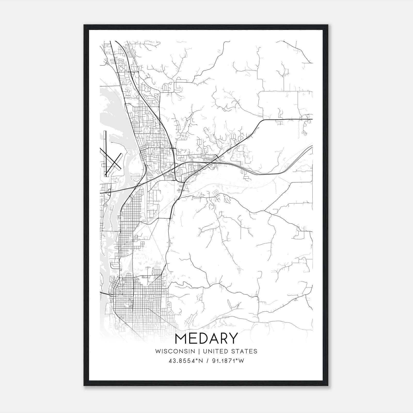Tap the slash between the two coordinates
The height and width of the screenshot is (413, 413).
pyautogui.click(x=206, y=361)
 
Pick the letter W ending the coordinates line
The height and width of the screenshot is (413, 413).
pyautogui.click(x=241, y=361)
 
